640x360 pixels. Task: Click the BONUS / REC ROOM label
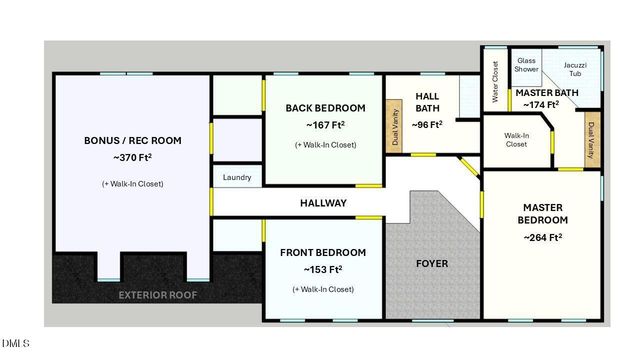[133, 140]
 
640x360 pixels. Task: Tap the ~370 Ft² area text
[133, 158]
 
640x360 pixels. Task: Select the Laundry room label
[237, 178]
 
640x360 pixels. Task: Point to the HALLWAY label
[324, 203]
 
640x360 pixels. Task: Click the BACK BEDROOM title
[325, 108]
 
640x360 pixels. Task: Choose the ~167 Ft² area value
[325, 126]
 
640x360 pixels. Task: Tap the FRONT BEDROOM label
[323, 252]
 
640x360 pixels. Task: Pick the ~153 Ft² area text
[323, 270]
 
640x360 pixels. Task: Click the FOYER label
[432, 264]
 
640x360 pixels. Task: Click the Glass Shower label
[527, 65]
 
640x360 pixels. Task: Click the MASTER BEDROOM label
[543, 214]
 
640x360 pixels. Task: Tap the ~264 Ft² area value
[543, 238]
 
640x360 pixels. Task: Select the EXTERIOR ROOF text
[159, 295]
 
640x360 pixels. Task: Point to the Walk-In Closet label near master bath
[516, 140]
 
